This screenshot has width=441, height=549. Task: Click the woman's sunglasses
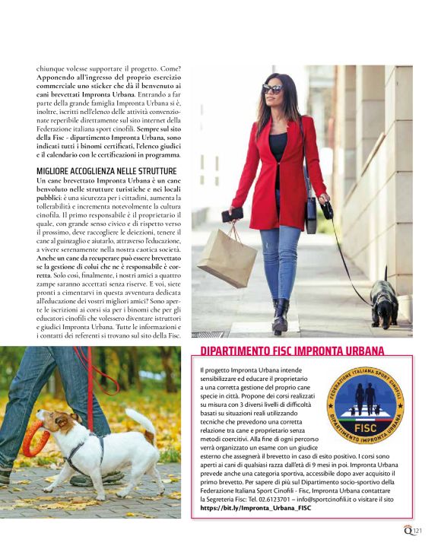pos(273,89)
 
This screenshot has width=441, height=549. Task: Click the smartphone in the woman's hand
pos(233,214)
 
